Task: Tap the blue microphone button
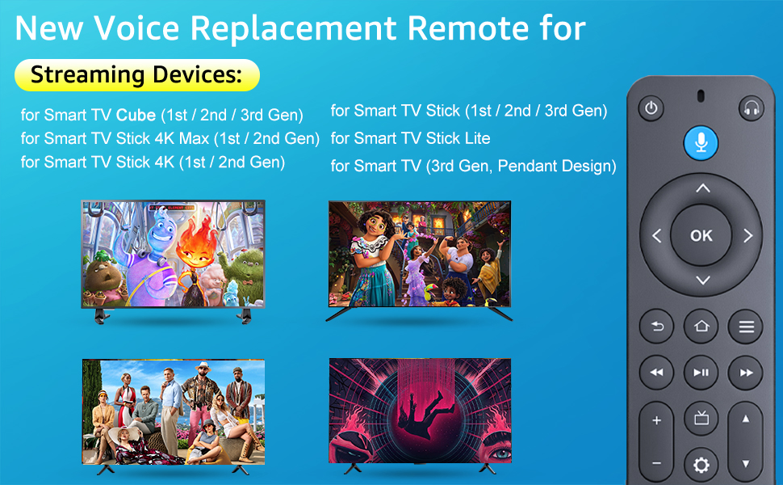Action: coord(701,142)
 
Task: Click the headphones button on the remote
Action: coord(751,108)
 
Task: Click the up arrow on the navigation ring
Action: coord(702,188)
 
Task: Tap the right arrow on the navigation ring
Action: coord(747,235)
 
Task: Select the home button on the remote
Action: coord(701,327)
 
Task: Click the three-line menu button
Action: coord(746,327)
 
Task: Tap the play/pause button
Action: coord(701,372)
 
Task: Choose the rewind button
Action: coord(656,372)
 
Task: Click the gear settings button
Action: coord(701,465)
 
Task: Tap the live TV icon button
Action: coord(701,418)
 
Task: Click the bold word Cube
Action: coord(136,115)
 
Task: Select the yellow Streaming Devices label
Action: coord(137,75)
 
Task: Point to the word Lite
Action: coord(475,138)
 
